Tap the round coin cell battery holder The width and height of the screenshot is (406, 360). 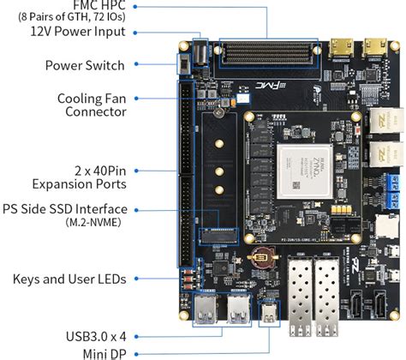click(x=260, y=255)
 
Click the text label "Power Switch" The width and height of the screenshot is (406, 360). click(x=85, y=65)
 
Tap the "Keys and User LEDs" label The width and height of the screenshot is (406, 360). click(x=69, y=279)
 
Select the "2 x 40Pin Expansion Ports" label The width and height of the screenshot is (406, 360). click(x=79, y=177)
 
